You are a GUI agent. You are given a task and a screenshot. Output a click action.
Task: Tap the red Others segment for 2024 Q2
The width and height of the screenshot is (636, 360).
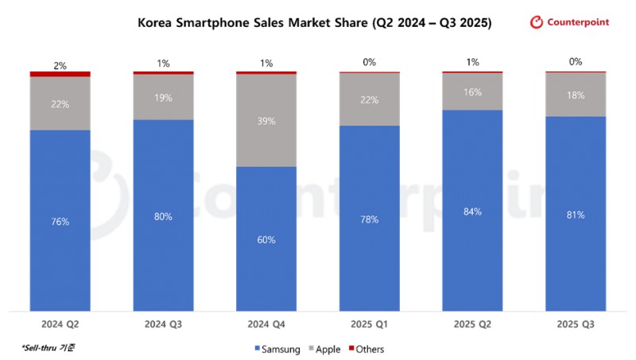coord(60,74)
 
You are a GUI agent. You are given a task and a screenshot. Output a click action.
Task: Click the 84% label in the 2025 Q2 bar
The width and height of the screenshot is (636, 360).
coord(473,211)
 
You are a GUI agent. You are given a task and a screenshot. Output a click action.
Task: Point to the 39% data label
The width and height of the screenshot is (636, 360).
coord(266,121)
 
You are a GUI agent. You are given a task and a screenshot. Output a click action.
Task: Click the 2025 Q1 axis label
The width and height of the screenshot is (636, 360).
coord(370,324)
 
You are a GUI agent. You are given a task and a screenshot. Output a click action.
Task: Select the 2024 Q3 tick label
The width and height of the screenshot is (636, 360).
coord(163,324)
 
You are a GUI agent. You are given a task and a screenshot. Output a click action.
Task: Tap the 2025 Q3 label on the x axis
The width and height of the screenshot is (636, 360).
coord(576,324)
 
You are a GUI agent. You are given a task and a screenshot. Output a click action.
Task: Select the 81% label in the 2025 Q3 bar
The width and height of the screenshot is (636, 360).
coord(576,215)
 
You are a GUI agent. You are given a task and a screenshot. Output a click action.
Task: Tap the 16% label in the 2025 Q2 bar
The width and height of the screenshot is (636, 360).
coord(473,92)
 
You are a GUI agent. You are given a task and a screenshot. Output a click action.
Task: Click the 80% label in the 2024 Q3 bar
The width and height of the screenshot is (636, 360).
coord(163,216)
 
